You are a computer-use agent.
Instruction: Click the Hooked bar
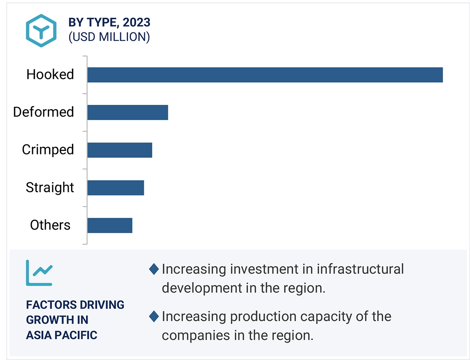click(265, 75)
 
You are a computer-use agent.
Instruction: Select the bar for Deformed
click(127, 112)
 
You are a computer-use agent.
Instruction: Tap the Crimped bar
click(120, 150)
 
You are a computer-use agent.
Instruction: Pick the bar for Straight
click(115, 188)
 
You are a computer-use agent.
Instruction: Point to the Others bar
click(110, 225)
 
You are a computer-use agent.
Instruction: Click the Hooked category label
click(50, 75)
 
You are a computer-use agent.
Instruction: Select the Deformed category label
click(43, 112)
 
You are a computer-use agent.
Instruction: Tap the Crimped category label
click(48, 150)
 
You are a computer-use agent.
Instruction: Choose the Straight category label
click(50, 187)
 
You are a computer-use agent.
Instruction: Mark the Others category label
click(50, 225)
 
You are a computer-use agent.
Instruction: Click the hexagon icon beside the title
click(41, 30)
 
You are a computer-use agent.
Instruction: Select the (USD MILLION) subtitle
click(109, 37)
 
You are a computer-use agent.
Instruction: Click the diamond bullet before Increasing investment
click(154, 269)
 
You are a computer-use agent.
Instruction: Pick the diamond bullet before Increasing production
click(154, 317)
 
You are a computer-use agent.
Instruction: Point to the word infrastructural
click(360, 269)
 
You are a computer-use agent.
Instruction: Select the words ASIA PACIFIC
click(61, 335)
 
